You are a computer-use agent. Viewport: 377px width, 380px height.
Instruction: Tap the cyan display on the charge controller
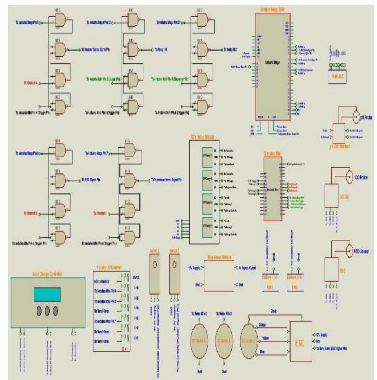coord(47,295)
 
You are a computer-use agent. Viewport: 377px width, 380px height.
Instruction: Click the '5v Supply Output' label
coord(248,268)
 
